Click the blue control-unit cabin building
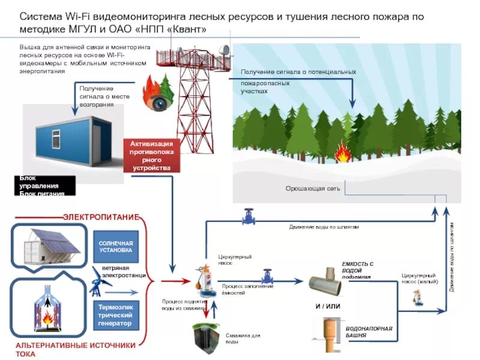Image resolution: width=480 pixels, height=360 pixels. click(69, 136)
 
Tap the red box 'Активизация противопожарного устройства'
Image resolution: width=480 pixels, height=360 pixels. click(152, 156)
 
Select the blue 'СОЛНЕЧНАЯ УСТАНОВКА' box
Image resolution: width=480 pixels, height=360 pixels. click(116, 246)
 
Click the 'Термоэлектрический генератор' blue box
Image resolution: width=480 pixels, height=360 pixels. click(116, 315)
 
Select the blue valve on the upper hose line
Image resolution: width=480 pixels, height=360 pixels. click(248, 216)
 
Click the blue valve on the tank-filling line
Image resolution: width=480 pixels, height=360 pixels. click(266, 277)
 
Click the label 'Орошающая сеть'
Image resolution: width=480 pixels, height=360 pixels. click(313, 188)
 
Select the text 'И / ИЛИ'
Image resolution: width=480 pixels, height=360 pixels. click(328, 306)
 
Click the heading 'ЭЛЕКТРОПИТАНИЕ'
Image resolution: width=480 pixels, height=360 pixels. click(101, 216)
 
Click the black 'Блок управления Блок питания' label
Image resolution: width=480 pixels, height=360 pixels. click(45, 185)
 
